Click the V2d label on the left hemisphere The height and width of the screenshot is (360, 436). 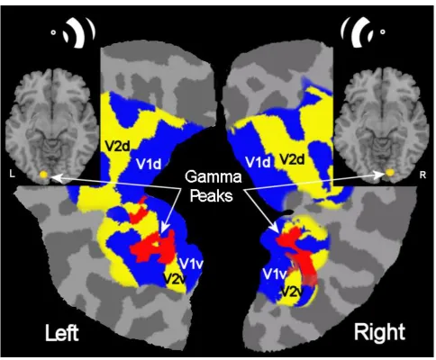[118, 146]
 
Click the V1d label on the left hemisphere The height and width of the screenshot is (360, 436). [149, 164]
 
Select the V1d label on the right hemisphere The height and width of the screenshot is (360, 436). [258, 162]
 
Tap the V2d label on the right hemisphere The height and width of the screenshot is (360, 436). [292, 159]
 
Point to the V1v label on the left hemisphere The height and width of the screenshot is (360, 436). [192, 264]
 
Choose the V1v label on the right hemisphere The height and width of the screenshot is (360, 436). [275, 274]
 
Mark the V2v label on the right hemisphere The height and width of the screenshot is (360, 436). [292, 291]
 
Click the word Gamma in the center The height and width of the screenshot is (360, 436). [213, 176]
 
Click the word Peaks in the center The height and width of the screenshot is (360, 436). [212, 196]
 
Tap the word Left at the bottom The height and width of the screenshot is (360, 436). [62, 333]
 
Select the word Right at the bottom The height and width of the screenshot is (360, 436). [379, 332]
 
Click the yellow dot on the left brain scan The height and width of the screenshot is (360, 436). [44, 175]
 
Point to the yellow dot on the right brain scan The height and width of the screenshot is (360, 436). [390, 173]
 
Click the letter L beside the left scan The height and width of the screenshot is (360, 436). [12, 174]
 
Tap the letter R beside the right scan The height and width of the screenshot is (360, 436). [422, 175]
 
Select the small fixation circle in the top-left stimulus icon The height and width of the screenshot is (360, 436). [53, 33]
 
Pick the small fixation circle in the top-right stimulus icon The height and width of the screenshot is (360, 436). [383, 31]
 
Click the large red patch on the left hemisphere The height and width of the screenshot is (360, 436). [153, 247]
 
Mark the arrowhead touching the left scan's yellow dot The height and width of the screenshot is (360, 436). [56, 178]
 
